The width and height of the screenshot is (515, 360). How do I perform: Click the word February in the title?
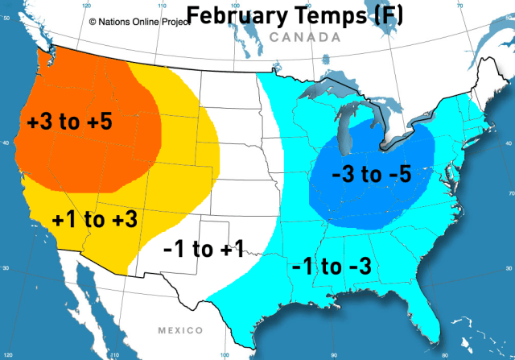pos(234,15)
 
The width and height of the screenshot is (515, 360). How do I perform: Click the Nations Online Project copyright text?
pos(138,23)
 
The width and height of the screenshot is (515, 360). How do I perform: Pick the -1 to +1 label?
pos(203,250)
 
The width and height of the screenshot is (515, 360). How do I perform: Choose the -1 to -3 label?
pos(332,266)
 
